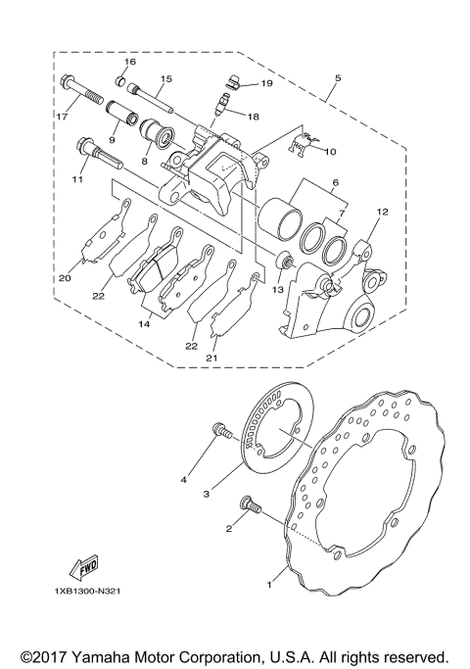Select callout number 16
(x=130, y=62)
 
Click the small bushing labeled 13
(x=286, y=260)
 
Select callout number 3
(x=207, y=496)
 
